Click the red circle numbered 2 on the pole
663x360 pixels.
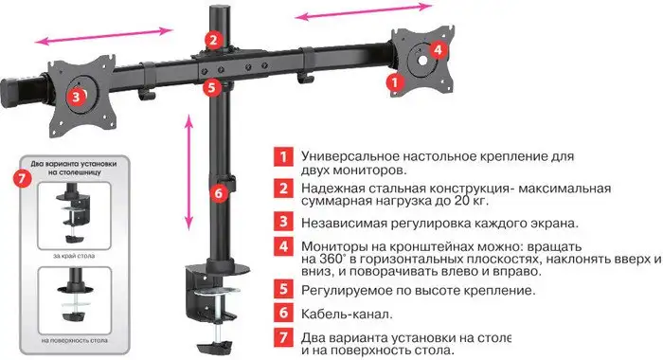(214, 39)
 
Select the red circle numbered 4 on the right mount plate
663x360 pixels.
(438, 49)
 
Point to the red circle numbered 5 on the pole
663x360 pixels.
(213, 87)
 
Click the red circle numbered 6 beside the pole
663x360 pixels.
(219, 193)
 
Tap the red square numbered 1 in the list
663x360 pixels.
(281, 155)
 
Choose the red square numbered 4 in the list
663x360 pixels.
(281, 247)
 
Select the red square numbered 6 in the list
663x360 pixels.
(281, 312)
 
